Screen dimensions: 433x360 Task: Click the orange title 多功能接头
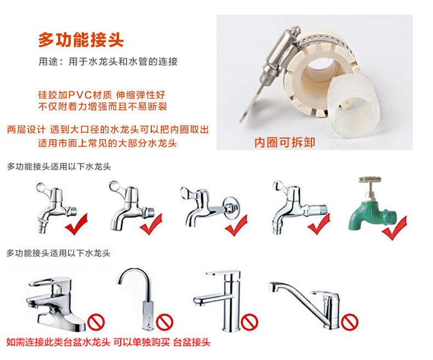pos(81,40)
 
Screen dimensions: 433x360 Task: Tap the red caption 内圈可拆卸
pos(284,142)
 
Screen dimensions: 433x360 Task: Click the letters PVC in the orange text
pos(80,95)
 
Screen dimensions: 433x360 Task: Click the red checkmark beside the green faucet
pos(395,228)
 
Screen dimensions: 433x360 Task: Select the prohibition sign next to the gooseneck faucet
pos(164,322)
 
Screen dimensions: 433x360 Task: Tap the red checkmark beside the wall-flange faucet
pos(236,226)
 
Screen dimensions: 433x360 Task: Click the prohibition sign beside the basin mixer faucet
pos(96,322)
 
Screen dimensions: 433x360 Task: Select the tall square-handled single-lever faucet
pos(218,300)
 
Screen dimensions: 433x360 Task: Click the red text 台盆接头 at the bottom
pos(192,342)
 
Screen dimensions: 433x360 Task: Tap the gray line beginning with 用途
pos(108,61)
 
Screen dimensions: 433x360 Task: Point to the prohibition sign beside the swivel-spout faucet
pos(349,322)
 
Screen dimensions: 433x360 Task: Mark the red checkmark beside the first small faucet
pos(76,224)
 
